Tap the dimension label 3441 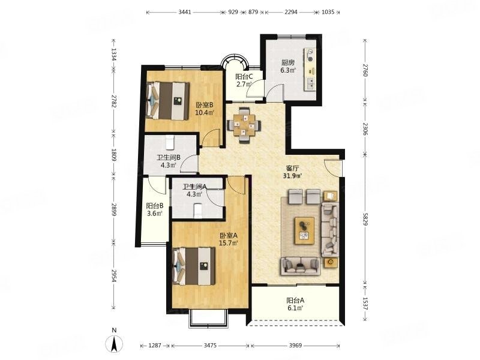click(185, 12)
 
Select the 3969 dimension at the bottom click(295, 346)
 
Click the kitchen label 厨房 click(288, 63)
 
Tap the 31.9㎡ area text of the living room click(294, 176)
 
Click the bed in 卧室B click(167, 101)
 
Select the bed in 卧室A click(193, 266)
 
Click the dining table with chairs click(244, 125)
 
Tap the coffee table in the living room click(305, 230)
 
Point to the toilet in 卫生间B click(170, 142)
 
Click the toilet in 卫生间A click(198, 211)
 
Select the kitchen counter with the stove click(310, 70)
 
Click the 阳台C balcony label click(244, 77)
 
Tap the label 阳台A click(295, 301)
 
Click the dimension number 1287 click(155, 346)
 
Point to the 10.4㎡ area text click(205, 112)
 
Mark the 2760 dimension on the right click(365, 70)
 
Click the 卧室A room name click(229, 236)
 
